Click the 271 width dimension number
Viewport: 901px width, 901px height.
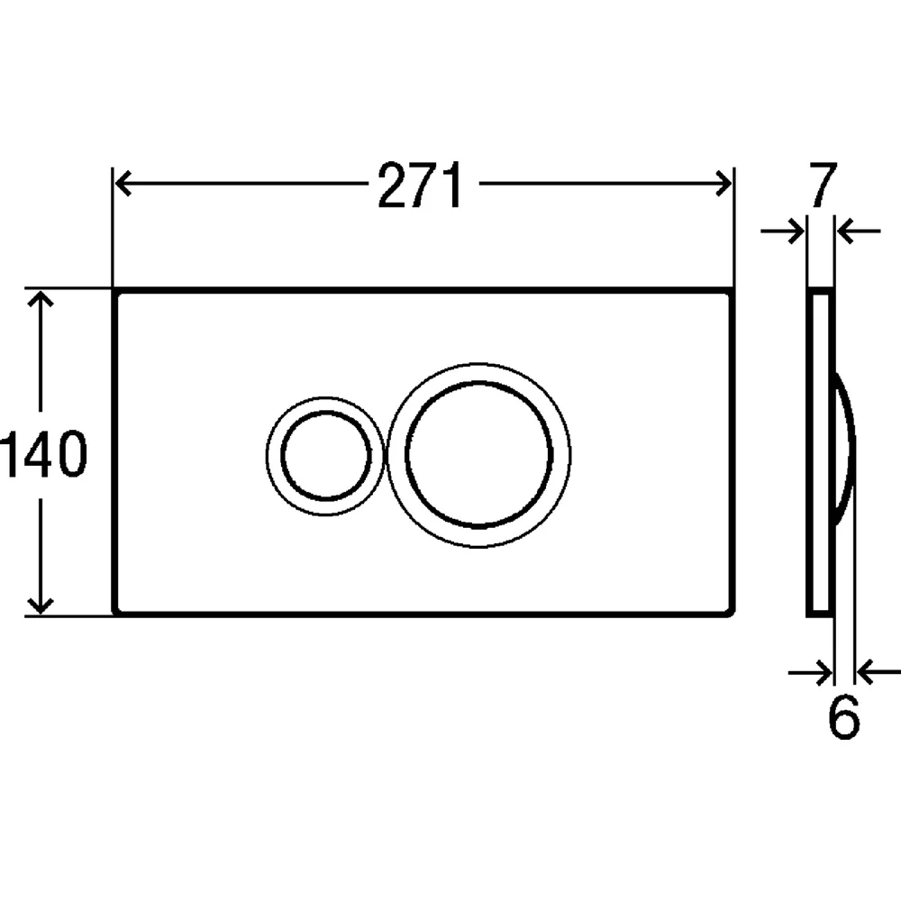coord(420,185)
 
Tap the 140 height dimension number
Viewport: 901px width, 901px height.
coord(43,454)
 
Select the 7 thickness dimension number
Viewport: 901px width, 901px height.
coord(823,185)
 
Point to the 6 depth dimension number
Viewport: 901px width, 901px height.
coord(843,717)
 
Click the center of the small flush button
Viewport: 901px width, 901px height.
coord(325,455)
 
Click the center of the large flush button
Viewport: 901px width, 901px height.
coord(478,454)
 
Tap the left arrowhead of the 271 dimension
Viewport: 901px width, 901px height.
coord(123,184)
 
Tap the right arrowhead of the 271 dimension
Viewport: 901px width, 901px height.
coord(723,184)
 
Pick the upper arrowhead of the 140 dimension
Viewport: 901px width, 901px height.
coord(41,299)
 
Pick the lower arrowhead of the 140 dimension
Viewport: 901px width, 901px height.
coord(41,605)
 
